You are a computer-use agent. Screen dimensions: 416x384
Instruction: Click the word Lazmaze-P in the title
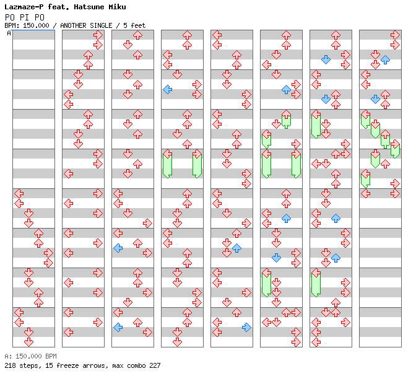[x=24, y=7]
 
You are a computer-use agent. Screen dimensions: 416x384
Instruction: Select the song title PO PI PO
[x=24, y=17]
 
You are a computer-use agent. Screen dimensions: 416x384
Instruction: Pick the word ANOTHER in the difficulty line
[x=73, y=25]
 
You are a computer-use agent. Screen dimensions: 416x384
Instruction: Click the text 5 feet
[x=134, y=25]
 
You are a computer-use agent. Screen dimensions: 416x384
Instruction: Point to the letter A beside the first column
[x=9, y=33]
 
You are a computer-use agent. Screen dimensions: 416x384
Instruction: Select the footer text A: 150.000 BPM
[x=30, y=356]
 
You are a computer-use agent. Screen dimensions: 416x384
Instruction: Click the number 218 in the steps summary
[x=10, y=365]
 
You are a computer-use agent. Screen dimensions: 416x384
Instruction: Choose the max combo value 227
[x=155, y=365]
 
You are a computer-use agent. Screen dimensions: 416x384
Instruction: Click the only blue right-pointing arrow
[x=246, y=328]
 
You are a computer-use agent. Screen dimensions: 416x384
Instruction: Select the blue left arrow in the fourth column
[x=168, y=89]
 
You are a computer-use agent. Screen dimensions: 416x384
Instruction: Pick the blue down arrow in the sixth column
[x=276, y=258]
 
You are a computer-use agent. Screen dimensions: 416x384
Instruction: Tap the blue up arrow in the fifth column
[x=236, y=248]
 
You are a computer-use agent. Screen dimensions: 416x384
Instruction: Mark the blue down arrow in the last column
[x=375, y=99]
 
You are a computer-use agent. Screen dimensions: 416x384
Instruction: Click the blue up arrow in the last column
[x=385, y=59]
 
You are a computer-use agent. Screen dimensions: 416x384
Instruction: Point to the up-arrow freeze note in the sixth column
[x=286, y=119]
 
